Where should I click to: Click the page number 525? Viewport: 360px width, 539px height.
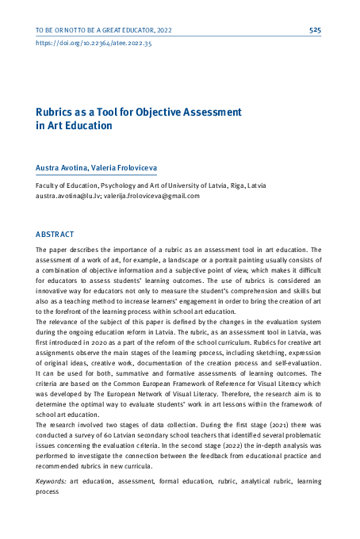point(315,29)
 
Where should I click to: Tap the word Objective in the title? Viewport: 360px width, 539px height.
point(163,112)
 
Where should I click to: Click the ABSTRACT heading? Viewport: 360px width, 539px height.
point(55,235)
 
